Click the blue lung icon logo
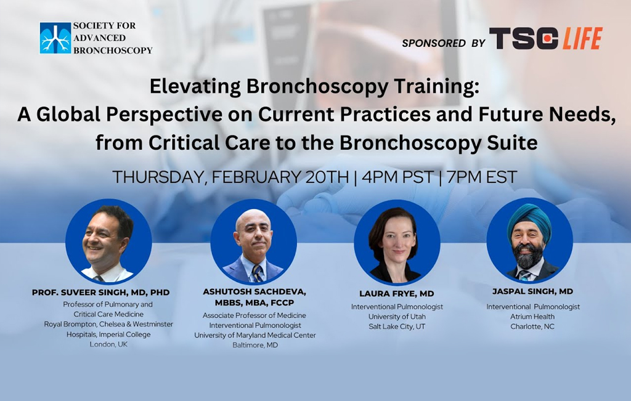tap(55, 38)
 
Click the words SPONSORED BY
tap(444, 43)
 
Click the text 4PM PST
tap(397, 177)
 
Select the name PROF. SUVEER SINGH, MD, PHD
tap(100, 293)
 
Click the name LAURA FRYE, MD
tap(397, 294)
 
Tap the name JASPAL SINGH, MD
tap(532, 291)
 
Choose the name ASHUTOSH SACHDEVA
tap(254, 291)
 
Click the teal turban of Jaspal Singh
tap(529, 221)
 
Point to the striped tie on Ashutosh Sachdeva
tap(257, 273)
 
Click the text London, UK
tap(108, 344)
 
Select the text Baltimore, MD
tap(255, 345)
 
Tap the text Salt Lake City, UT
tap(397, 326)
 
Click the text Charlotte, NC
tap(532, 326)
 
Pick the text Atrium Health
tap(532, 317)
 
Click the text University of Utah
tap(397, 317)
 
